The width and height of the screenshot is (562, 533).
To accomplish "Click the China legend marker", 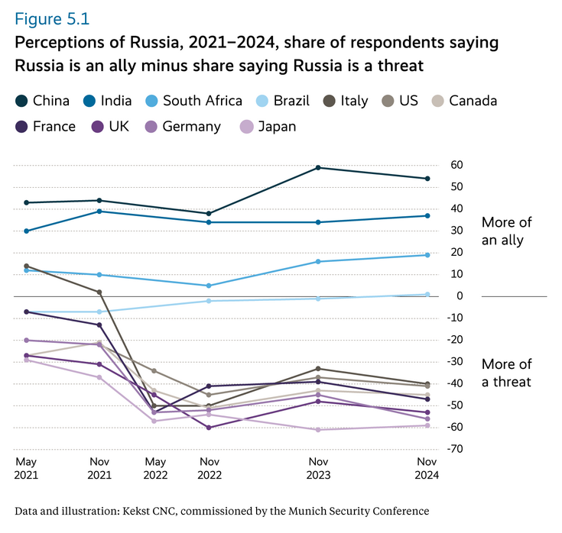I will click(21, 101).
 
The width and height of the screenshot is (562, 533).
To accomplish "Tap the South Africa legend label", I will click(202, 101).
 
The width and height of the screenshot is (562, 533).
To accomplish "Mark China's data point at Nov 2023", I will click(317, 167).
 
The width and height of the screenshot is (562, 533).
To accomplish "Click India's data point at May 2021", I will click(26, 231).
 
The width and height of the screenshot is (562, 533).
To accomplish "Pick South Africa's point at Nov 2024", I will click(427, 255).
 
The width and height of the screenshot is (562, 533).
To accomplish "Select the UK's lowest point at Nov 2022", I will click(209, 427).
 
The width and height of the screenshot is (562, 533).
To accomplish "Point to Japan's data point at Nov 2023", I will click(317, 429).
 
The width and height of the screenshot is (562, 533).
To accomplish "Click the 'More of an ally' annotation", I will click(507, 231).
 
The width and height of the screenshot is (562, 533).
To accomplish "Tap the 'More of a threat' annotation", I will click(507, 373).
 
